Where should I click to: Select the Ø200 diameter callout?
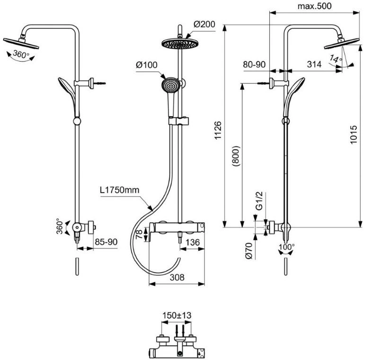(x=204, y=24)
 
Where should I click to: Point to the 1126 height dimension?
(x=217, y=130)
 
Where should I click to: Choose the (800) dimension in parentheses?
(x=237, y=156)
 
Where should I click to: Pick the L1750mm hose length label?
(x=119, y=189)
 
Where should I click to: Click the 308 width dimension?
(x=177, y=277)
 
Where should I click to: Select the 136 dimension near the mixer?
(x=193, y=243)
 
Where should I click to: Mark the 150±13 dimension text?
(x=177, y=315)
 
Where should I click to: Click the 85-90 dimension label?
(x=106, y=242)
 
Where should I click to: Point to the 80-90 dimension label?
(x=255, y=64)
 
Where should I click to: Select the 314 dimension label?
(x=314, y=64)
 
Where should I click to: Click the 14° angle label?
(x=336, y=59)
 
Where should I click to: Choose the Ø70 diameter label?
(x=249, y=250)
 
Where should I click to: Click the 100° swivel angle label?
(x=287, y=247)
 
